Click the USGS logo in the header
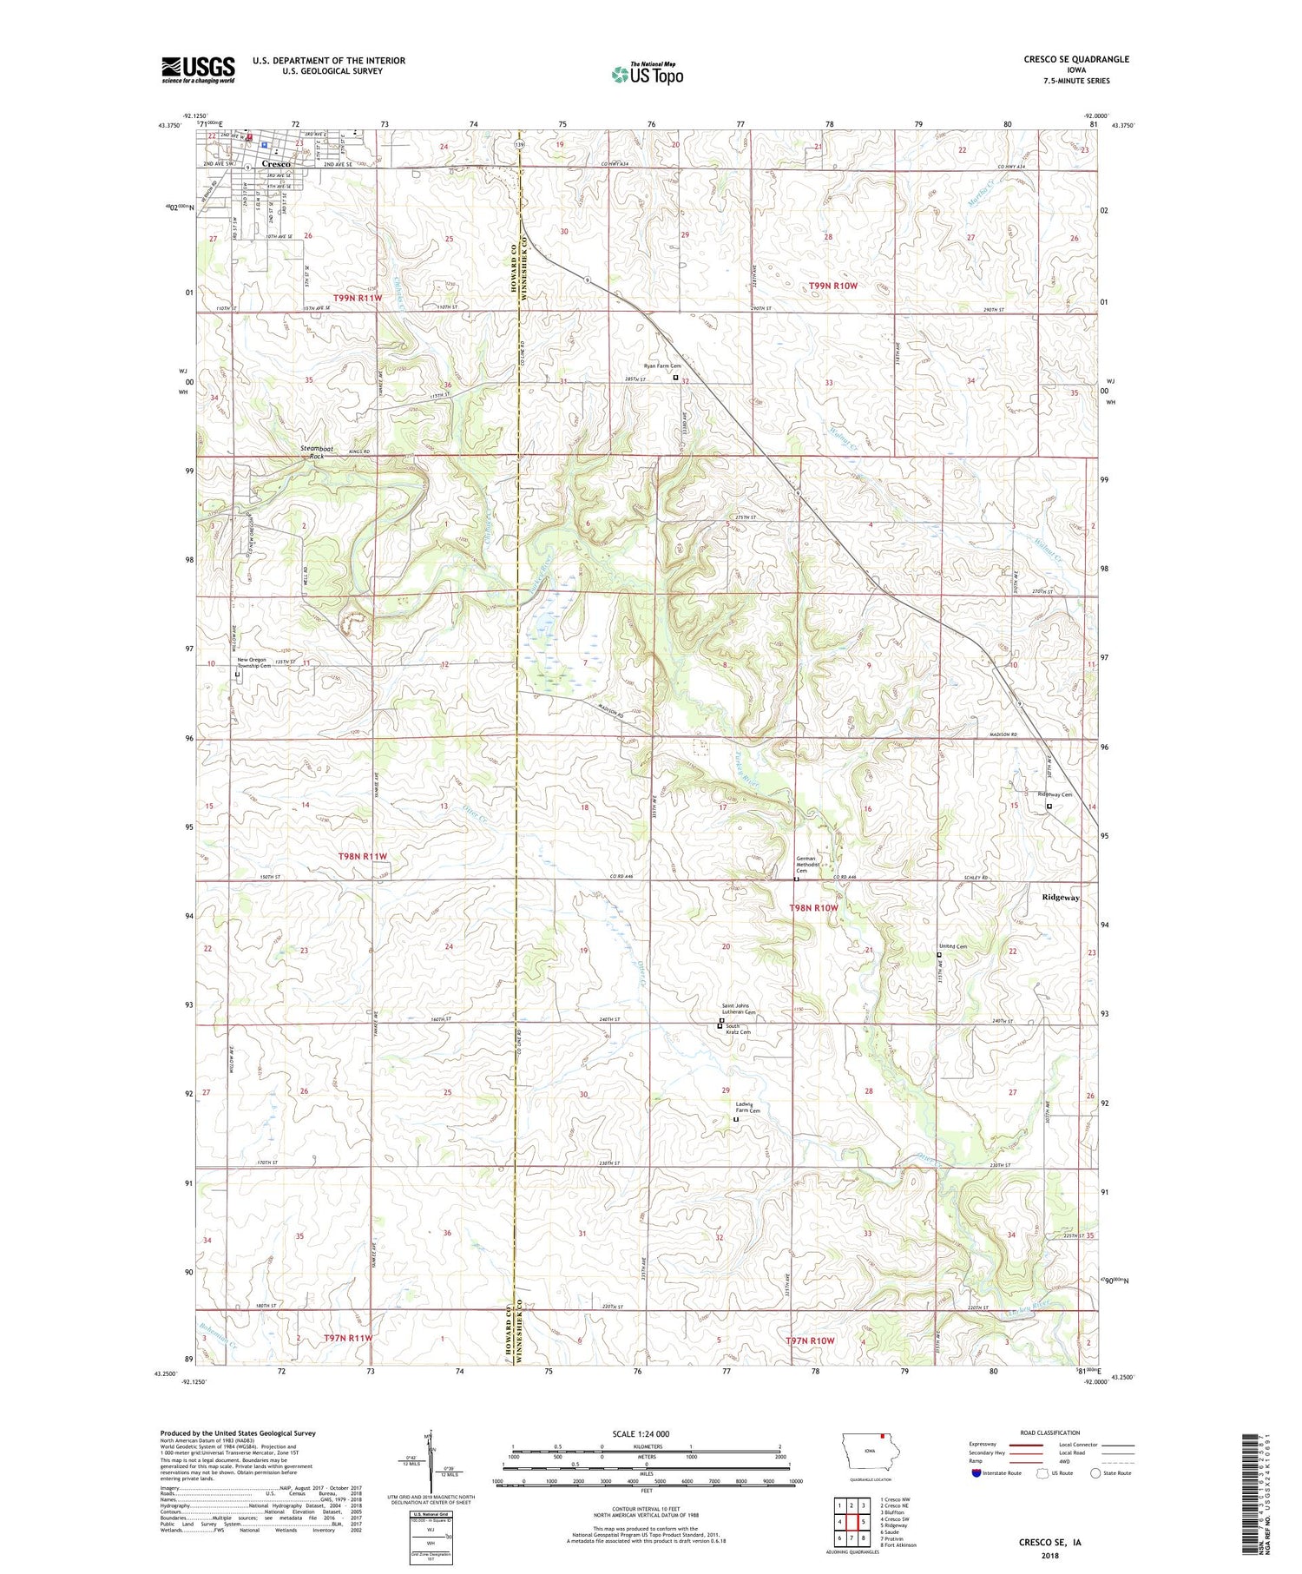pyautogui.click(x=198, y=69)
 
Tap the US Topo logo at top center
pyautogui.click(x=647, y=75)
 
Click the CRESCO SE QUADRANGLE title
pyautogui.click(x=1076, y=59)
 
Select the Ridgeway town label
pyautogui.click(x=1061, y=898)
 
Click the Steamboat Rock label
pyautogui.click(x=312, y=451)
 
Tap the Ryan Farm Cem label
pyautogui.click(x=662, y=366)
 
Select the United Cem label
pyautogui.click(x=952, y=946)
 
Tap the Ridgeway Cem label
pyautogui.click(x=1055, y=794)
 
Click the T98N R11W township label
pyautogui.click(x=362, y=856)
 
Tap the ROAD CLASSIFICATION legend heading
pyautogui.click(x=1050, y=1432)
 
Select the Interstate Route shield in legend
pyautogui.click(x=977, y=1473)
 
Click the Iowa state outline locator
pyautogui.click(x=867, y=1450)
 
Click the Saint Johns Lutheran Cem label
pyautogui.click(x=739, y=1009)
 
